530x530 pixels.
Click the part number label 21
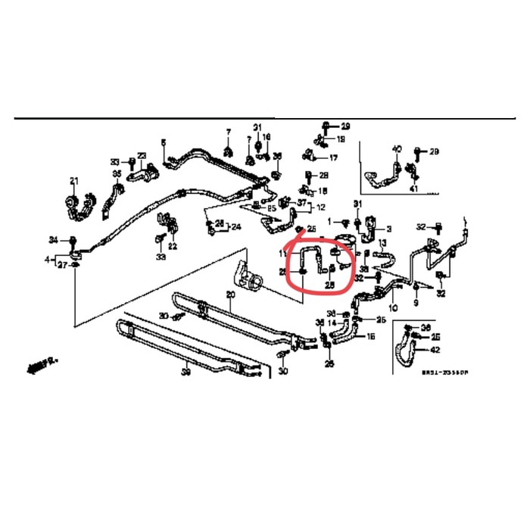coord(74,180)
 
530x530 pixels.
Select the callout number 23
coord(142,155)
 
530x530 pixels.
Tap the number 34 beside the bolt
coord(53,240)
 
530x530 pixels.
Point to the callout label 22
coord(173,245)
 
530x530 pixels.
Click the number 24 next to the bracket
coord(235,226)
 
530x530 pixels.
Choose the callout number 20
coord(231,294)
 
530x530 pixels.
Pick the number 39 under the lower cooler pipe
coord(185,373)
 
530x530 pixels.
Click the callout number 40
coord(396,148)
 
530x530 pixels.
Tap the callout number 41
coord(413,188)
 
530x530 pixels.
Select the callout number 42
coord(435,350)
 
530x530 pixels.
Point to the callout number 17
coord(332,158)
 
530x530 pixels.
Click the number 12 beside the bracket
coord(321,207)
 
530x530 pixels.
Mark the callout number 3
coord(388,228)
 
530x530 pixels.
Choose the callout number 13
coord(382,243)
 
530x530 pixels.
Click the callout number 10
coord(393,308)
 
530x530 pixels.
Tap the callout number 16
coord(371,336)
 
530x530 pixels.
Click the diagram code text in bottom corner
coord(445,373)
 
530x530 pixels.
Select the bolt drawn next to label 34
coord(73,241)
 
